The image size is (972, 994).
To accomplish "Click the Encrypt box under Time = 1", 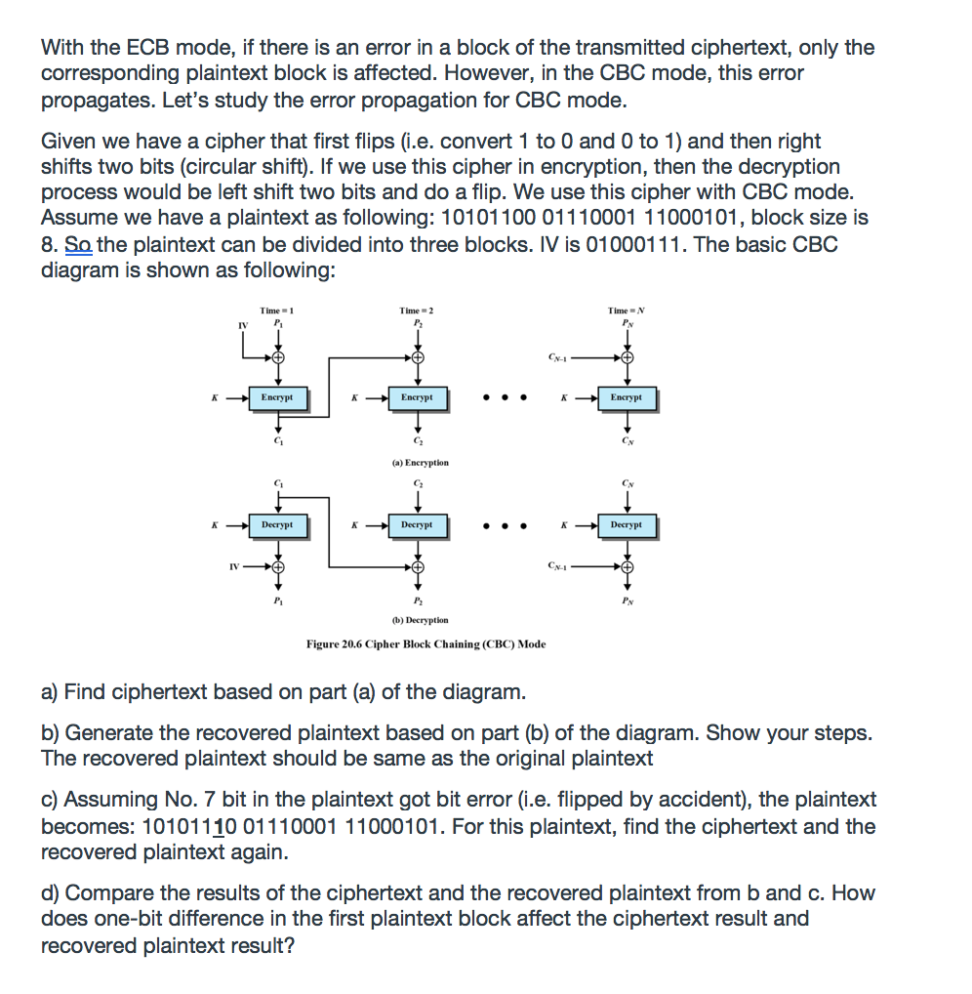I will click(277, 397).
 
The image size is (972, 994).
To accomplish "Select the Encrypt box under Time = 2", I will click(417, 397).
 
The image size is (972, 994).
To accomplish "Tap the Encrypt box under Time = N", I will click(627, 397).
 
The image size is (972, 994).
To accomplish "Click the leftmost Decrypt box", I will click(277, 524).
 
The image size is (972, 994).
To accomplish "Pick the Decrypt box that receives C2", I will click(417, 524).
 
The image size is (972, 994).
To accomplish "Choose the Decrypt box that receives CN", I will click(627, 524).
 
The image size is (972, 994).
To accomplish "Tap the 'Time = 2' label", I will click(417, 311).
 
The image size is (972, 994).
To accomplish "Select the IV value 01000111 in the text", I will click(637, 244).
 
